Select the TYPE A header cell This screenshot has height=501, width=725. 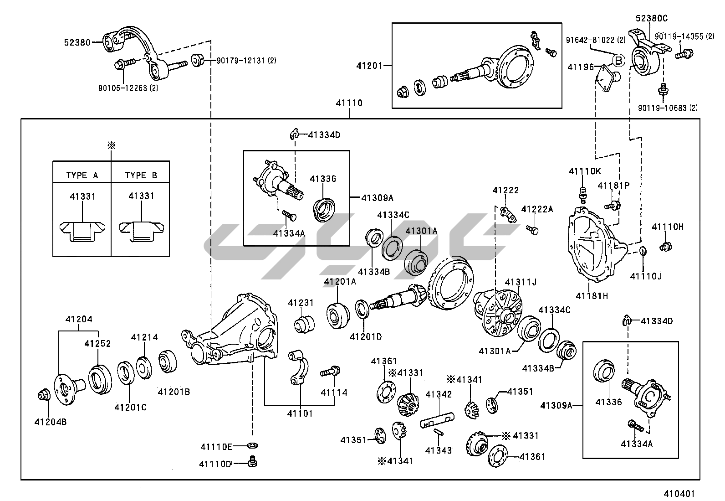[82, 176]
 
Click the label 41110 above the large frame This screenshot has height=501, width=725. [349, 103]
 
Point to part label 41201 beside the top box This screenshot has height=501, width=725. [371, 66]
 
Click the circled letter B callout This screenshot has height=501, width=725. [618, 60]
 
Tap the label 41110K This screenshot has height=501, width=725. [585, 171]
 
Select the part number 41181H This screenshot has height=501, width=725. [592, 295]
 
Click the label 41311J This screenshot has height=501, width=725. [521, 282]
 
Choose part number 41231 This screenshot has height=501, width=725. [301, 303]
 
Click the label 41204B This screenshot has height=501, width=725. [51, 422]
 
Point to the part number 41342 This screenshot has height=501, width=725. [439, 394]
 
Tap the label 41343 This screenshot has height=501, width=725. [439, 450]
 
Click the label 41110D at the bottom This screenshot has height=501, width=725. [215, 464]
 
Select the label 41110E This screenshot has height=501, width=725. [216, 446]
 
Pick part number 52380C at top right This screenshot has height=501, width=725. [652, 19]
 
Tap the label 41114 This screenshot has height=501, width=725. [334, 393]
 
